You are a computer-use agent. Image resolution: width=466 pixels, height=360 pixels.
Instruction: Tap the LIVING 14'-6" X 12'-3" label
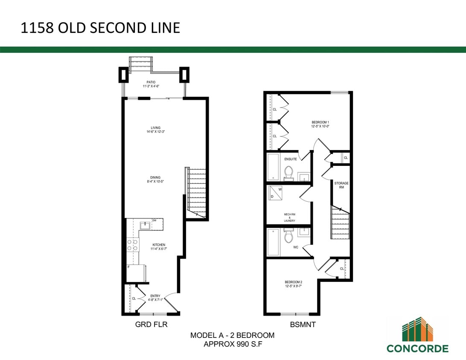click(x=155, y=129)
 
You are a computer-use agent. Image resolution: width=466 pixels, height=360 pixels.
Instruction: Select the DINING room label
click(x=155, y=179)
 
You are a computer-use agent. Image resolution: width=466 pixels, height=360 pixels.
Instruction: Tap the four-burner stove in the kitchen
click(x=133, y=244)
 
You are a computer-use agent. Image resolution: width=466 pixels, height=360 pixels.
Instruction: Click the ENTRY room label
click(x=155, y=297)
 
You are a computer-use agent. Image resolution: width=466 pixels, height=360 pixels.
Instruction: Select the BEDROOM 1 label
click(x=320, y=124)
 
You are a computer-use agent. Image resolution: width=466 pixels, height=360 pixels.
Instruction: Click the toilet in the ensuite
click(x=288, y=173)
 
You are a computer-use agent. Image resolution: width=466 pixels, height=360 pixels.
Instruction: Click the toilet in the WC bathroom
click(x=288, y=236)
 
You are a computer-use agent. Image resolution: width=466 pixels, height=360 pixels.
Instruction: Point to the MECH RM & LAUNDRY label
click(x=290, y=218)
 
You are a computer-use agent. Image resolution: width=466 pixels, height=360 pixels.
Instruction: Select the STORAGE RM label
click(x=341, y=185)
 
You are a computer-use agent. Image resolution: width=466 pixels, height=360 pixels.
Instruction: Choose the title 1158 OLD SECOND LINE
click(x=100, y=28)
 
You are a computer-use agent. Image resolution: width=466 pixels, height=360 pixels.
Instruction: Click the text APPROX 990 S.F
click(x=232, y=344)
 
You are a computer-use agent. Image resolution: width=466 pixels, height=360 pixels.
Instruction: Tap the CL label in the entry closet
click(x=134, y=298)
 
